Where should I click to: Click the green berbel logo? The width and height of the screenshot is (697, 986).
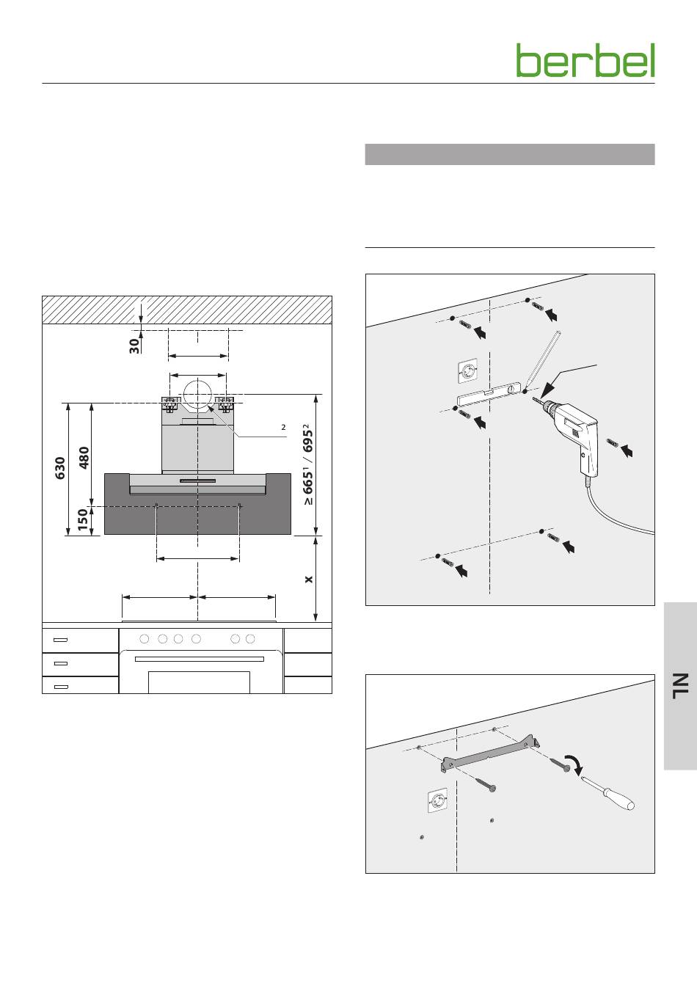tap(585, 60)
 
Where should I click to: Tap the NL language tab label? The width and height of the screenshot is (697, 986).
tap(680, 686)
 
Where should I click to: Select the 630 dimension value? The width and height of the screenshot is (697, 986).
tap(60, 468)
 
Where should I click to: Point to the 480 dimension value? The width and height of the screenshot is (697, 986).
tap(84, 458)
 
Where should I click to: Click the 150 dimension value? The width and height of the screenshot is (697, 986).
tap(83, 519)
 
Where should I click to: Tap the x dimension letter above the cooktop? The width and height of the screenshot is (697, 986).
tap(309, 580)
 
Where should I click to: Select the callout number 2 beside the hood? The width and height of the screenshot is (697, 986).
tap(283, 427)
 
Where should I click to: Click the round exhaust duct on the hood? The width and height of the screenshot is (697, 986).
tap(198, 394)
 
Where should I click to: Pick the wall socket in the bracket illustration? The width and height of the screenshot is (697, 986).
tap(438, 800)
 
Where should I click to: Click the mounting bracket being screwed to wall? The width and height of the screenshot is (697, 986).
tap(491, 753)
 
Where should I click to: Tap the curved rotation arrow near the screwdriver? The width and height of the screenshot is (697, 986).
tap(574, 764)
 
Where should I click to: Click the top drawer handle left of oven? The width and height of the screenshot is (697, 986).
tap(60, 640)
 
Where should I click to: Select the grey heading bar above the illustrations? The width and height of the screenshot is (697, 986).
tap(510, 154)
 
